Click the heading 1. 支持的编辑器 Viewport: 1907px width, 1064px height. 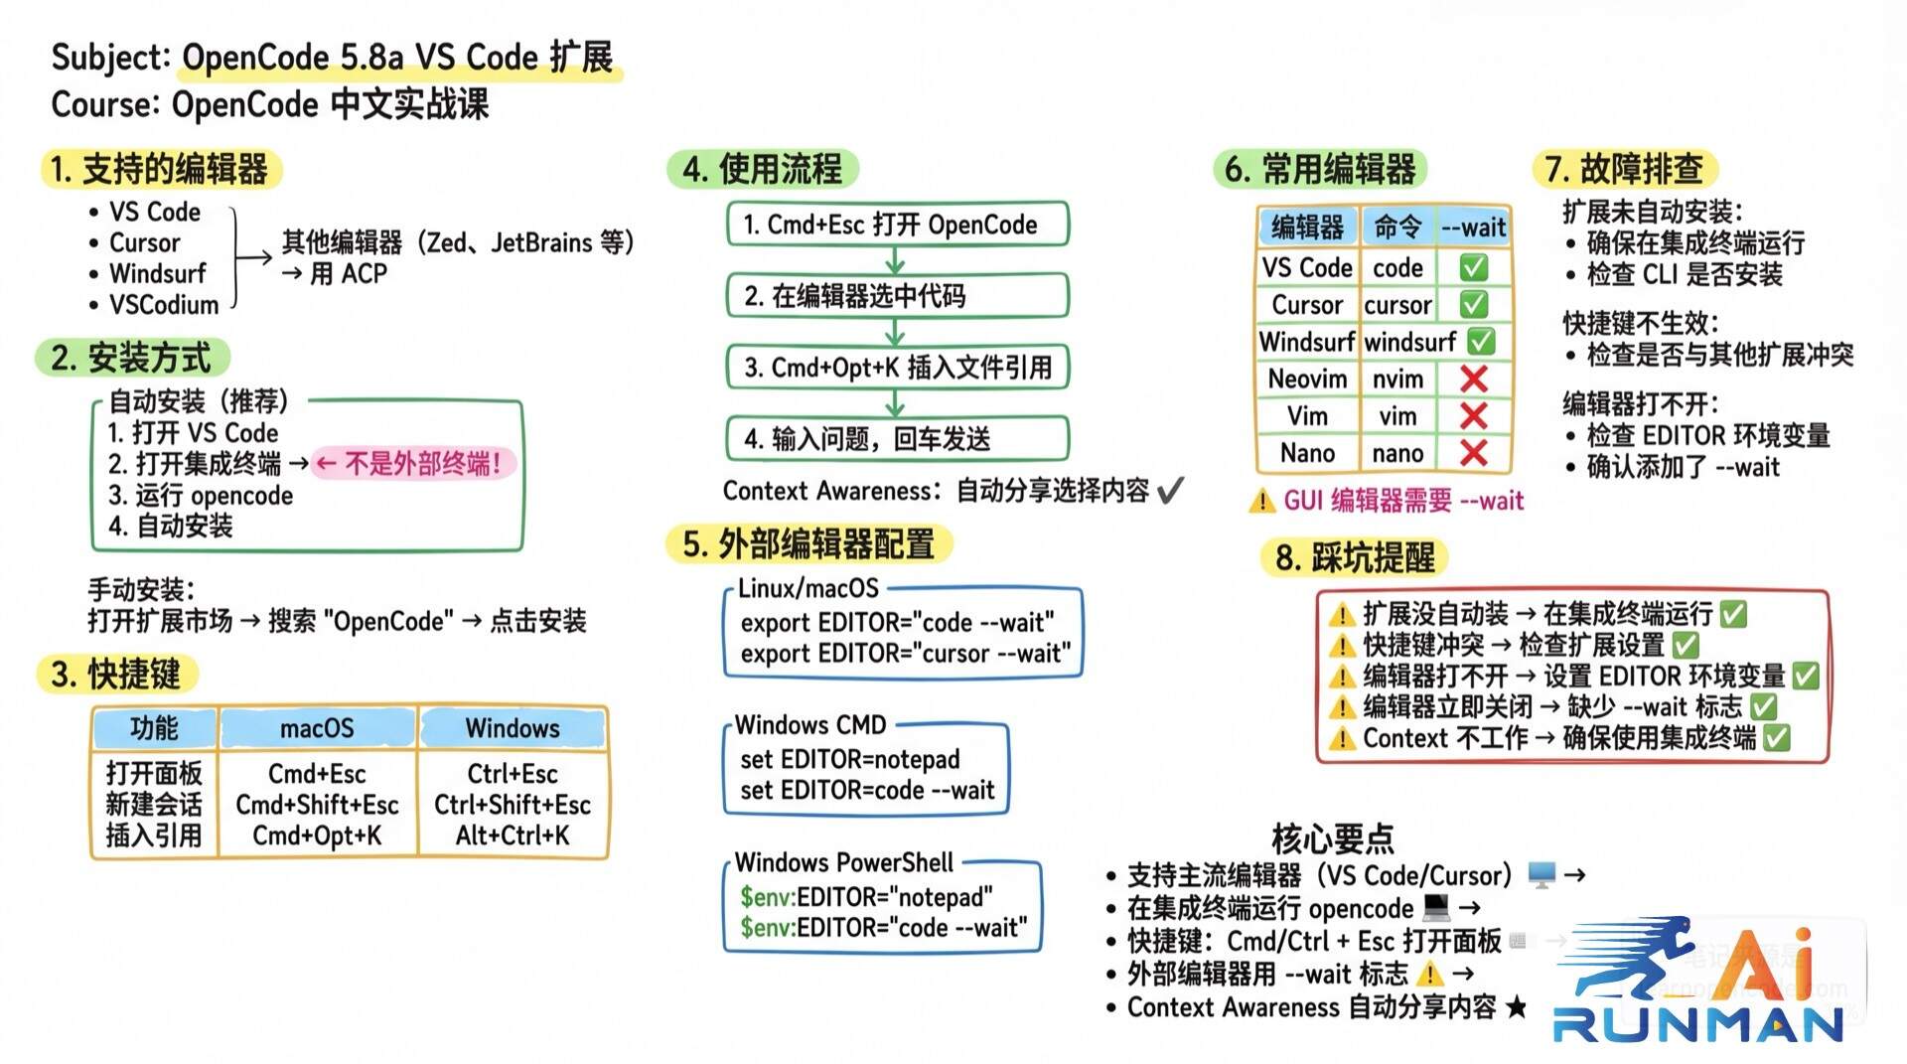pyautogui.click(x=160, y=169)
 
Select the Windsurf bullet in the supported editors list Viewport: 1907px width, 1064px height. pyautogui.click(x=157, y=273)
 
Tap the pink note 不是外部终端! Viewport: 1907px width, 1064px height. pyautogui.click(x=413, y=463)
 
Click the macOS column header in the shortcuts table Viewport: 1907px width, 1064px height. pyautogui.click(x=317, y=728)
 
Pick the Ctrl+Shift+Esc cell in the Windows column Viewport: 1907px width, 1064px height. pyautogui.click(x=512, y=805)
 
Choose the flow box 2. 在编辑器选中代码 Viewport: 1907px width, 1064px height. pyautogui.click(x=897, y=295)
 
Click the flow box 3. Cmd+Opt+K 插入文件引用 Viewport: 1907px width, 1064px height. pyautogui.click(x=897, y=368)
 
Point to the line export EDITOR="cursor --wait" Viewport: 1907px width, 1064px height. pyautogui.click(x=905, y=654)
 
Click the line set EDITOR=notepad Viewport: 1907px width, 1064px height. pyautogui.click(x=849, y=760)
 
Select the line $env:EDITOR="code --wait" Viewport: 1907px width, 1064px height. pyautogui.click(x=883, y=928)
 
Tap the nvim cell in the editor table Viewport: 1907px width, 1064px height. pyautogui.click(x=1397, y=380)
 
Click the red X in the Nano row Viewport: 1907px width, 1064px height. pyautogui.click(x=1474, y=453)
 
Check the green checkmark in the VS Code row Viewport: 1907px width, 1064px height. pyautogui.click(x=1474, y=267)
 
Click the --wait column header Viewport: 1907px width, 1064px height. pyautogui.click(x=1474, y=228)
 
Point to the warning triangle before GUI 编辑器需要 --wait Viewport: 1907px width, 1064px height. pyautogui.click(x=1261, y=501)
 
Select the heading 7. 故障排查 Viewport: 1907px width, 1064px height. pyautogui.click(x=1624, y=169)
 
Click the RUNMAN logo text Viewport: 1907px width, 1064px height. pyautogui.click(x=1697, y=1024)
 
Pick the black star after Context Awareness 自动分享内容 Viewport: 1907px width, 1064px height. pyautogui.click(x=1516, y=1007)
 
